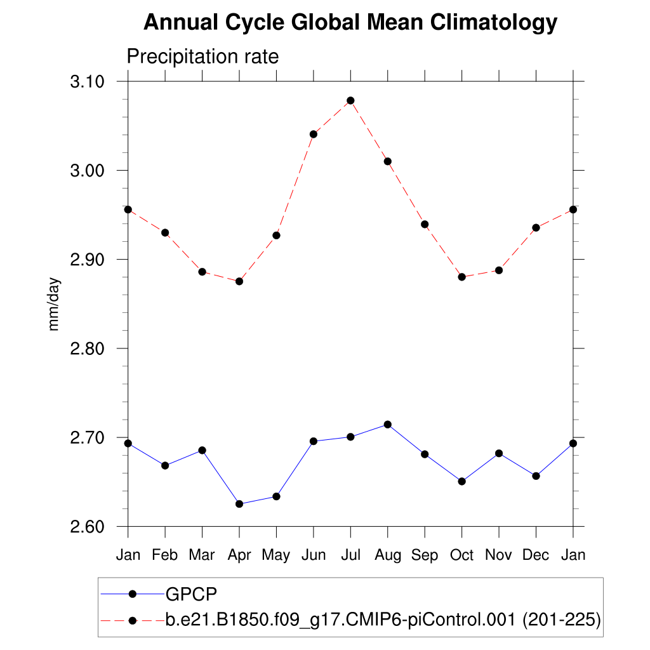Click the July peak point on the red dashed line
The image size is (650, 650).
(350, 100)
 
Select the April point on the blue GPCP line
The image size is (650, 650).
(239, 504)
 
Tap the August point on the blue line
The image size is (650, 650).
(388, 424)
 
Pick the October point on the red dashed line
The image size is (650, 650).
(462, 277)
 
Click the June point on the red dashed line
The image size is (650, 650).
(314, 134)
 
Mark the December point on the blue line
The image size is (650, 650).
(536, 476)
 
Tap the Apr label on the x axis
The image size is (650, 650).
(239, 555)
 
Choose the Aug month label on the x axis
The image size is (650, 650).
(388, 555)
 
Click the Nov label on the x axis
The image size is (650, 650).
(499, 555)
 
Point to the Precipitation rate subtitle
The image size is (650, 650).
(203, 56)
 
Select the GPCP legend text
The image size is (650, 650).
(191, 594)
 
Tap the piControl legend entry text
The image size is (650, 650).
(383, 620)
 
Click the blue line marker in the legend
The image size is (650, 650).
(133, 594)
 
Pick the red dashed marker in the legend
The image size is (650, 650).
(133, 620)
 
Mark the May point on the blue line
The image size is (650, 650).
(276, 496)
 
